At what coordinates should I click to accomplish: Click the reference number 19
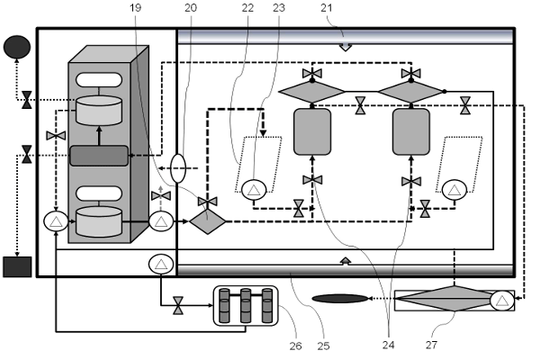point(136,8)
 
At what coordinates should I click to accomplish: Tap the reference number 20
point(191,8)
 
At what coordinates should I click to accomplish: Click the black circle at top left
point(16,45)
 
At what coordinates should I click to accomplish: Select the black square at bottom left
point(16,266)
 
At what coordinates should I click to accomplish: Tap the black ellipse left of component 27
point(340,298)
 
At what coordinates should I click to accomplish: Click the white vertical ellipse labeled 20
point(178,168)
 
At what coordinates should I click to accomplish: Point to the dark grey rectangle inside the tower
point(98,155)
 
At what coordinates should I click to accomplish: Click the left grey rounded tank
point(312,132)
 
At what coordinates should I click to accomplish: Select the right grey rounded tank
point(410,132)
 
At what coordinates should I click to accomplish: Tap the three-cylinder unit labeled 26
point(246,305)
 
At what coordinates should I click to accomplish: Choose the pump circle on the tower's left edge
point(56,220)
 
